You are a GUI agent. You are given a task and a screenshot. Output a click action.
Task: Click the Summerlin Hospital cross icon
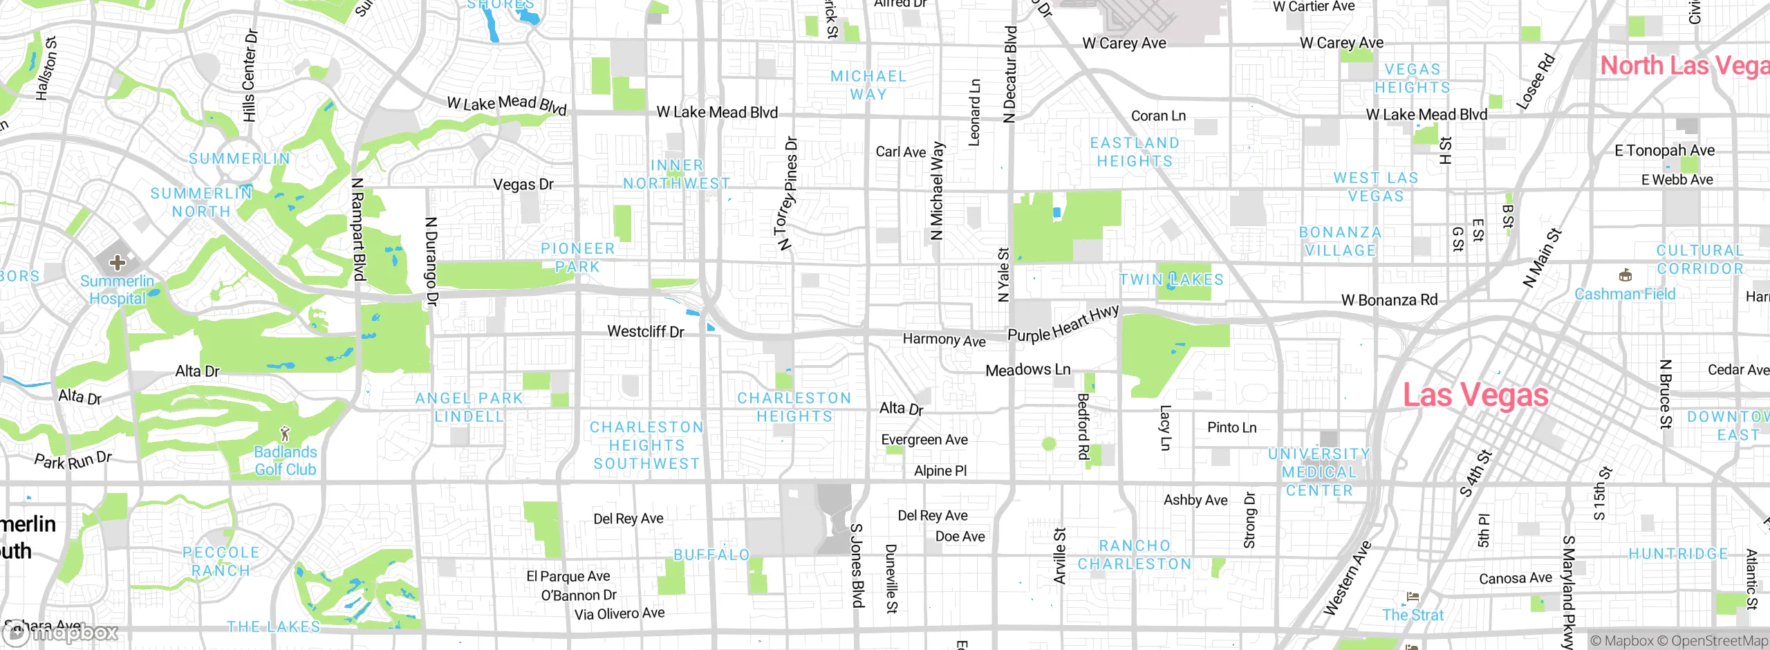point(118,263)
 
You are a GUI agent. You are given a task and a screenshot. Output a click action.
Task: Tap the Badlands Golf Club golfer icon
point(285,434)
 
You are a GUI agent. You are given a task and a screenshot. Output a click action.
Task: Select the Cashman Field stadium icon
point(1625,276)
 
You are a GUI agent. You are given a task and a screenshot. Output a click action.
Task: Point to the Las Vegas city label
point(1475,396)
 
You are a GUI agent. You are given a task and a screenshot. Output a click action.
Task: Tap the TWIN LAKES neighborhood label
point(1171,280)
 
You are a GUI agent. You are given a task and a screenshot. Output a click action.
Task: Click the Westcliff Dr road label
point(645,332)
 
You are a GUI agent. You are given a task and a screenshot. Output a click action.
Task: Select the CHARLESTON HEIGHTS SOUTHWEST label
point(646,445)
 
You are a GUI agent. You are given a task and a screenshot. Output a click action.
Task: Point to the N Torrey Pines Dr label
point(788,194)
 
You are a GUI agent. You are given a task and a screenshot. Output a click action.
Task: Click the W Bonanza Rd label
point(1389,300)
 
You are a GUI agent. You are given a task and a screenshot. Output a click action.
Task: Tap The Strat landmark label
point(1413,615)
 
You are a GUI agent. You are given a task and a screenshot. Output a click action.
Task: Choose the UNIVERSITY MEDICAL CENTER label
point(1319,472)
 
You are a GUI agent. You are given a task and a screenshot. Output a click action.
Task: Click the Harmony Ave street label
point(944,340)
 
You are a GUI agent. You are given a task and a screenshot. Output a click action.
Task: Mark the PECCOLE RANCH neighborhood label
point(221,561)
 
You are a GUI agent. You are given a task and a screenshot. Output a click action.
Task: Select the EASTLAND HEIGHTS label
point(1135,151)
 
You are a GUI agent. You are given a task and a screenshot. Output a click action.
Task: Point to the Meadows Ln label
point(1027,370)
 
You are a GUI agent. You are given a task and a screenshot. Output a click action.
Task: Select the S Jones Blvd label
point(857,566)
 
